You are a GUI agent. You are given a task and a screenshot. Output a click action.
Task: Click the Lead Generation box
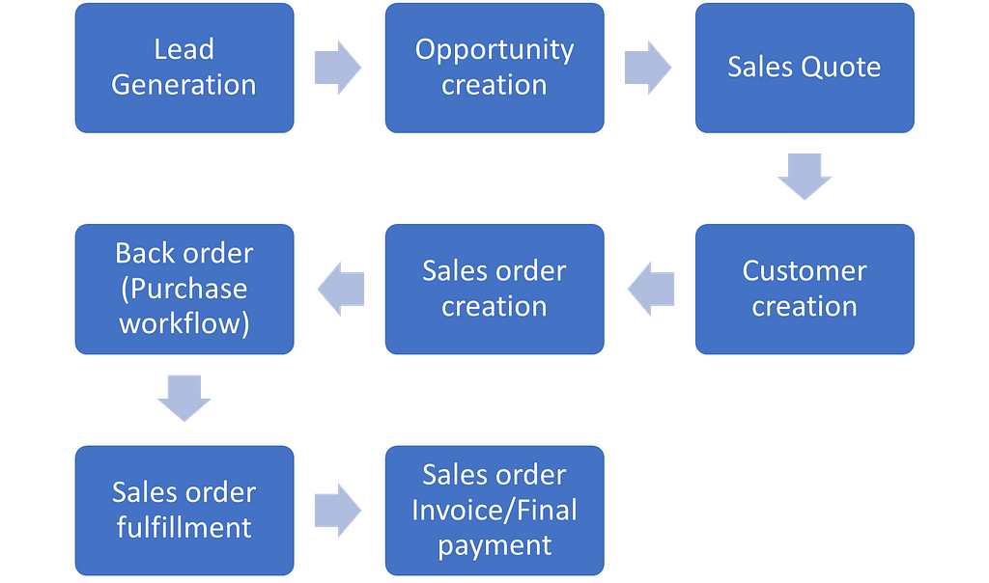(184, 68)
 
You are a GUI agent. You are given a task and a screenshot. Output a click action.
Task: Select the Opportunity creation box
(494, 68)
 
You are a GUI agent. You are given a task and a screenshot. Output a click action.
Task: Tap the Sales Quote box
(805, 68)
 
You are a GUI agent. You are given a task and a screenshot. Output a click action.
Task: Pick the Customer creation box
(805, 289)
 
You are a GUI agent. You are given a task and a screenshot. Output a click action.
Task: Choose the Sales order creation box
(494, 289)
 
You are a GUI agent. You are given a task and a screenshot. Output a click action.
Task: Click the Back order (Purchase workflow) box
(184, 289)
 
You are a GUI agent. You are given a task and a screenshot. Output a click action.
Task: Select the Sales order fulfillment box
(184, 510)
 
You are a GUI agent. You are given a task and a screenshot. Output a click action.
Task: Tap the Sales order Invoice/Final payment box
(494, 510)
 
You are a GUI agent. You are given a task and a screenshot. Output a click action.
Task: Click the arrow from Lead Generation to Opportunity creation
(338, 68)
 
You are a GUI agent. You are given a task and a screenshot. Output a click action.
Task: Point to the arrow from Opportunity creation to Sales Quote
(648, 68)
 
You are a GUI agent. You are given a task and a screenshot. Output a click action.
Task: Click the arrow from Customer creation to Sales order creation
(650, 289)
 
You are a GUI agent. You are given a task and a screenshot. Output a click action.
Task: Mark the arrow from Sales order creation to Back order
(340, 289)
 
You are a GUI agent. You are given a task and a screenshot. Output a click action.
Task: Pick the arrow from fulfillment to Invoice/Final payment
(338, 510)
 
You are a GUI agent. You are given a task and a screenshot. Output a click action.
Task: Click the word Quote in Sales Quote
(841, 68)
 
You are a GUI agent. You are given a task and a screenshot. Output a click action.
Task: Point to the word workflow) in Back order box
(184, 323)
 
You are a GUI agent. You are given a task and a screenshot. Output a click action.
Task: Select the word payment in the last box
(494, 544)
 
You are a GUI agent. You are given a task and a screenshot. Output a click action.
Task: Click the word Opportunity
(494, 50)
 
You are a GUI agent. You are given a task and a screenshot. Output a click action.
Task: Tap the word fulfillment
(184, 528)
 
